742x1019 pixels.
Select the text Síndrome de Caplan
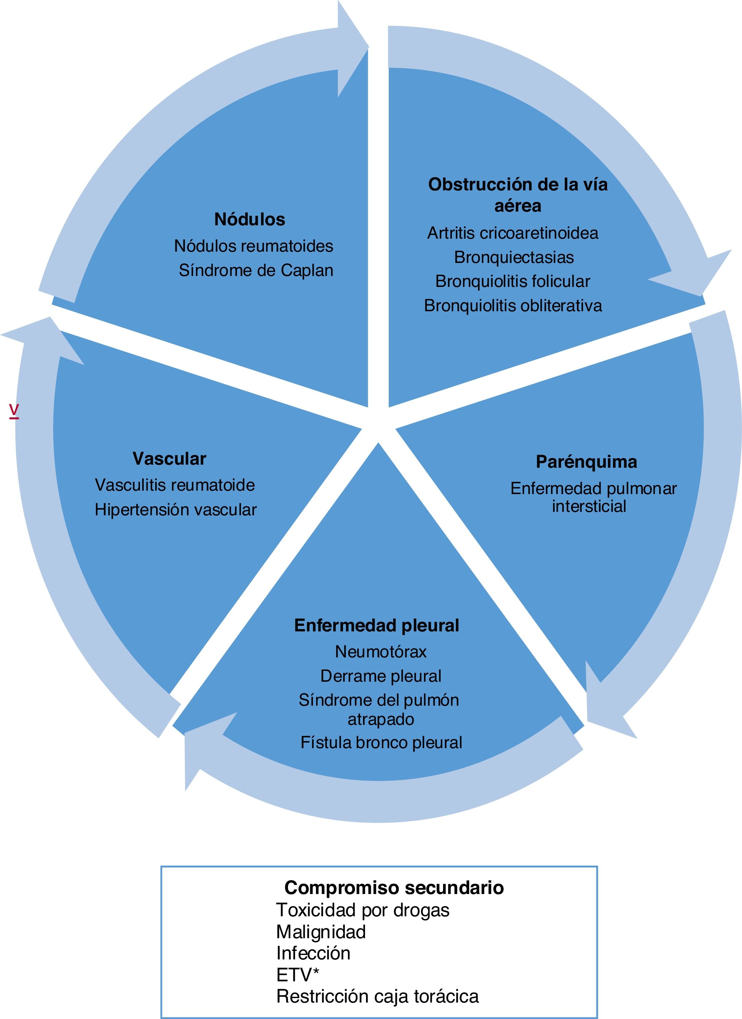[x=256, y=271]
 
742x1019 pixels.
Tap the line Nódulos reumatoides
[x=253, y=246]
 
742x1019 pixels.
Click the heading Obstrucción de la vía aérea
[x=518, y=194]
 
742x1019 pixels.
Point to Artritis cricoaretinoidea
[x=513, y=233]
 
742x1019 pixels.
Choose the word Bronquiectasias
[x=514, y=257]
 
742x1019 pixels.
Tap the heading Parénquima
[x=586, y=462]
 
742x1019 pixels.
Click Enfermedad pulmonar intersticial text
[x=593, y=498]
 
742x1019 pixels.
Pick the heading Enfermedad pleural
[x=377, y=626]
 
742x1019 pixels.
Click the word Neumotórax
[x=381, y=652]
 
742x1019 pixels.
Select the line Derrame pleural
[x=381, y=676]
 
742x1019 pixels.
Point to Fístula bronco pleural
[x=381, y=743]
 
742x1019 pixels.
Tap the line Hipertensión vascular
[x=175, y=510]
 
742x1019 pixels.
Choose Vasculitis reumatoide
[x=175, y=485]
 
